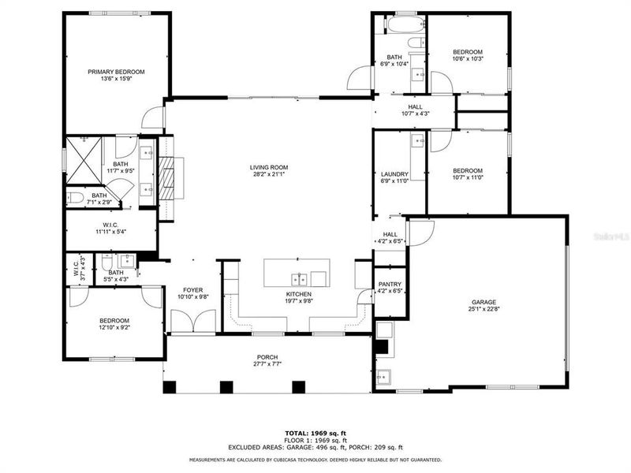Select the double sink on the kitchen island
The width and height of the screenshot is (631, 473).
(298, 277)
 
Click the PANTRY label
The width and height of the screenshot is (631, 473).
(390, 285)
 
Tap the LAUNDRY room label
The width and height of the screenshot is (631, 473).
(394, 174)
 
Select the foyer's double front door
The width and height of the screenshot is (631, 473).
(192, 322)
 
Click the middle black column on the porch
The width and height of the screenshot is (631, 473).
(226, 386)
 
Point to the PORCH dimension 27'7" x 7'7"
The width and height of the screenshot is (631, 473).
(268, 364)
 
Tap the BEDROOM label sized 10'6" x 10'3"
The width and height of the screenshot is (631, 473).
(467, 52)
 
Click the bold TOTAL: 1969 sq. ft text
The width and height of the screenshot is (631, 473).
(315, 433)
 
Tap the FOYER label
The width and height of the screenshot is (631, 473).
(193, 289)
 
